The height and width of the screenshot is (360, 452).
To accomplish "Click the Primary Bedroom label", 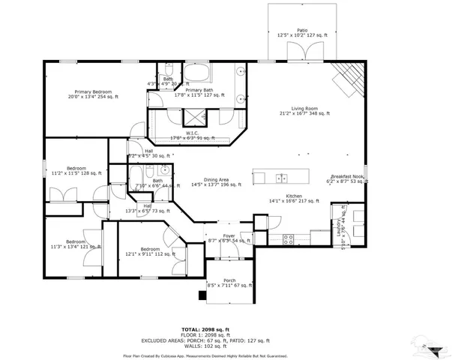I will tap(93, 91).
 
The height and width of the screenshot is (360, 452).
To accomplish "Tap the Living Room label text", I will tap(304, 109).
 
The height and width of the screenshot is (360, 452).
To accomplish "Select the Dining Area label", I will tap(215, 180).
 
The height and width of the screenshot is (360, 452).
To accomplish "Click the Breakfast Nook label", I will tap(346, 178).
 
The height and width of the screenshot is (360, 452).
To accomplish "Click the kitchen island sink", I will tap(280, 178).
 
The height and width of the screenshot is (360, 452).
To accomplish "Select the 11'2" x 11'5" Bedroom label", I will tap(76, 170).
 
